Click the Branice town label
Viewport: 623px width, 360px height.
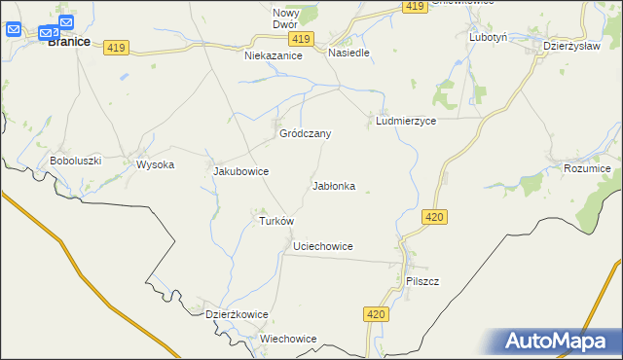69,42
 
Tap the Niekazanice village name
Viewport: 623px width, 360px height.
274,56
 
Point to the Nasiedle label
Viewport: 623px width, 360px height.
348,53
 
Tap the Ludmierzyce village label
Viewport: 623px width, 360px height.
405,122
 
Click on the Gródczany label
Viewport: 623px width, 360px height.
306,133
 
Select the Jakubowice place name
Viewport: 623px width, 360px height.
240,171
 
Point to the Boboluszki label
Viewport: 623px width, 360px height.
76,161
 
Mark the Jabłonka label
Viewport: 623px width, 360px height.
333,185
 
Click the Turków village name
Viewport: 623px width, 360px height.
276,221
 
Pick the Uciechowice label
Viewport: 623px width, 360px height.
322,247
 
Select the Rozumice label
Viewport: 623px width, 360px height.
587,169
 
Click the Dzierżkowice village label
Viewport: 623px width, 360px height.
237,314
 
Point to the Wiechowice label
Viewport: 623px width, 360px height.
288,339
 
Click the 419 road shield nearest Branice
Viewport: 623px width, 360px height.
117,48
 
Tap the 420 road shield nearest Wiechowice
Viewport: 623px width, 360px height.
378,314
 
